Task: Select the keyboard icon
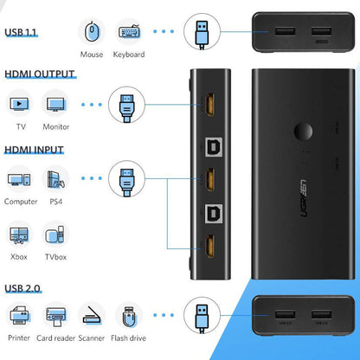tap(129, 32)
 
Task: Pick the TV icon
tap(19, 105)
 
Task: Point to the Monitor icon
tap(56, 105)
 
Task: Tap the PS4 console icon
tap(57, 180)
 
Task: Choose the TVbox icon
tap(55, 235)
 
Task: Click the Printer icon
tap(19, 313)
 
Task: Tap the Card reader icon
tap(56, 313)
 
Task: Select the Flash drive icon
tap(130, 313)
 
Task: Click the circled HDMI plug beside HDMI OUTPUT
tap(127, 105)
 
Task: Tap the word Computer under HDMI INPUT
tap(21, 202)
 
